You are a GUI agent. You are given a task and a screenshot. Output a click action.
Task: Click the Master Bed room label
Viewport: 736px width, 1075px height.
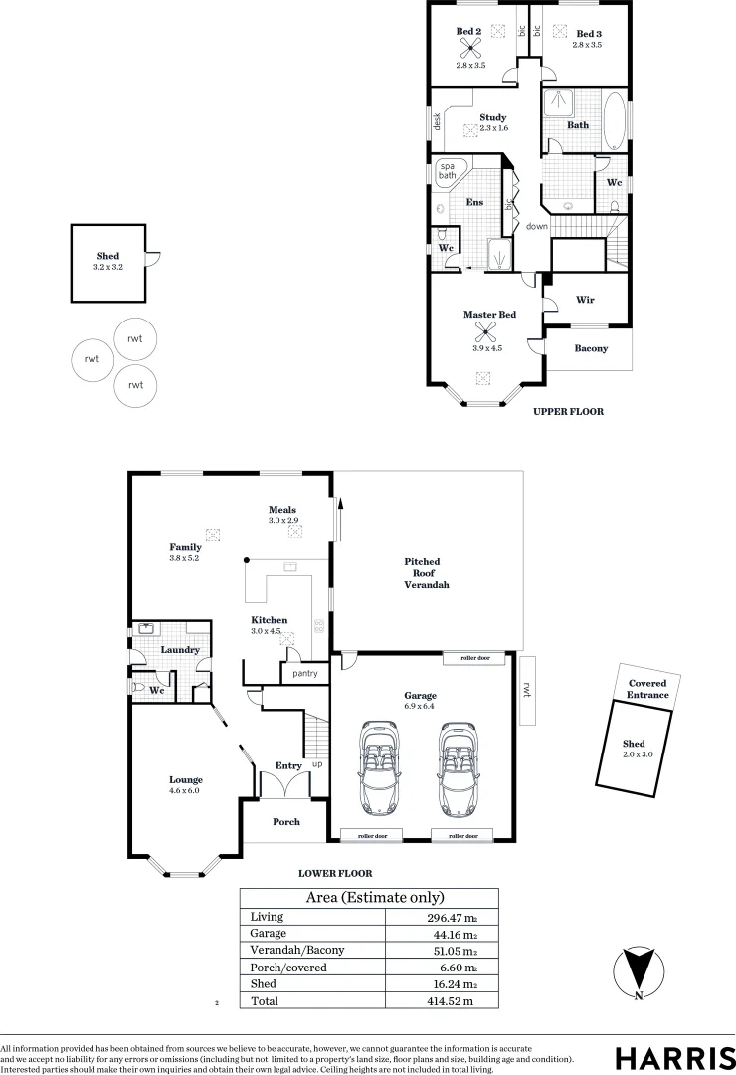(x=489, y=315)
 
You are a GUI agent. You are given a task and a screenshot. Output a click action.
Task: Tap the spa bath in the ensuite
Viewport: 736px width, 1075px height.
(x=449, y=171)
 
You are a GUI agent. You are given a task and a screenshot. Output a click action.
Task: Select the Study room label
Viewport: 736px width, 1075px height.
(x=493, y=117)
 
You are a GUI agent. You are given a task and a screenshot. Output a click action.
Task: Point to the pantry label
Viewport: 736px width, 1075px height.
(x=304, y=674)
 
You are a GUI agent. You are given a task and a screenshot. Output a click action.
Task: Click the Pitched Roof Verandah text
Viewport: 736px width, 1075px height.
(x=426, y=573)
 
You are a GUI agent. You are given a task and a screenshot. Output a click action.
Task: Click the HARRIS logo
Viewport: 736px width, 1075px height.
(x=672, y=1056)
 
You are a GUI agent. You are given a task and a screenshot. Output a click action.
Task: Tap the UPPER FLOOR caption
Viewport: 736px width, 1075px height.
(x=568, y=411)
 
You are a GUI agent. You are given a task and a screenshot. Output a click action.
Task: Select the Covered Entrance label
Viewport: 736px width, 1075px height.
(x=647, y=689)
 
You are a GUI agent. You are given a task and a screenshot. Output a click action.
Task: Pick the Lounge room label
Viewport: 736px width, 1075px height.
(x=185, y=779)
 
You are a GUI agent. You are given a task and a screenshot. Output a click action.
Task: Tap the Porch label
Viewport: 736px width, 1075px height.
(x=286, y=822)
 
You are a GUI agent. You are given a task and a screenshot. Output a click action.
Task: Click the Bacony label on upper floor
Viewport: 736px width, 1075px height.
(x=591, y=348)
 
